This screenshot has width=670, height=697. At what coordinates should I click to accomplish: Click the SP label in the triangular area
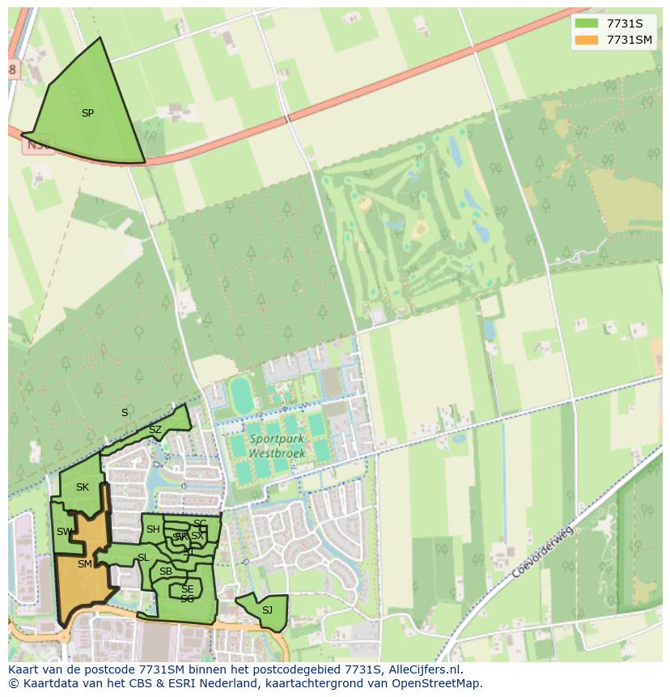(x=87, y=113)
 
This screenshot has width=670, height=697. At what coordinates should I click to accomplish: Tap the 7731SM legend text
(x=630, y=40)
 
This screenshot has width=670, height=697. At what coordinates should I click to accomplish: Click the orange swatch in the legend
(x=587, y=40)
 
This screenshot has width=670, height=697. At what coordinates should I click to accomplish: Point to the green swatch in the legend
(x=587, y=23)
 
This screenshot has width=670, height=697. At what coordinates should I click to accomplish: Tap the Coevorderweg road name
(x=542, y=552)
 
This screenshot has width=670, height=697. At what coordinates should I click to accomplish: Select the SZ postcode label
(x=155, y=429)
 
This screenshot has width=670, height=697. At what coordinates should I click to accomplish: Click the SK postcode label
(x=82, y=487)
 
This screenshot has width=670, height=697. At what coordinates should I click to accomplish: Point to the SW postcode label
(x=64, y=532)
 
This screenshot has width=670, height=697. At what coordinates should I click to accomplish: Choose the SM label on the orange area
(x=84, y=564)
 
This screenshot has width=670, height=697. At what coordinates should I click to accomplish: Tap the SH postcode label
(x=153, y=529)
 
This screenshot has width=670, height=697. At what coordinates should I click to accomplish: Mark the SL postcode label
(x=143, y=558)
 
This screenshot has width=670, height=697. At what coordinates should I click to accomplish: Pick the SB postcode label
(x=166, y=572)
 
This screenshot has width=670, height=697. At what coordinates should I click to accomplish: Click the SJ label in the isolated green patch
(x=267, y=610)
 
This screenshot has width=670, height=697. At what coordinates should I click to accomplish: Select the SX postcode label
(x=197, y=536)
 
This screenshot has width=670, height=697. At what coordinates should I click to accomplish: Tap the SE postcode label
(x=187, y=589)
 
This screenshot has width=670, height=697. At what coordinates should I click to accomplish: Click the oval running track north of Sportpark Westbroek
(x=241, y=395)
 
